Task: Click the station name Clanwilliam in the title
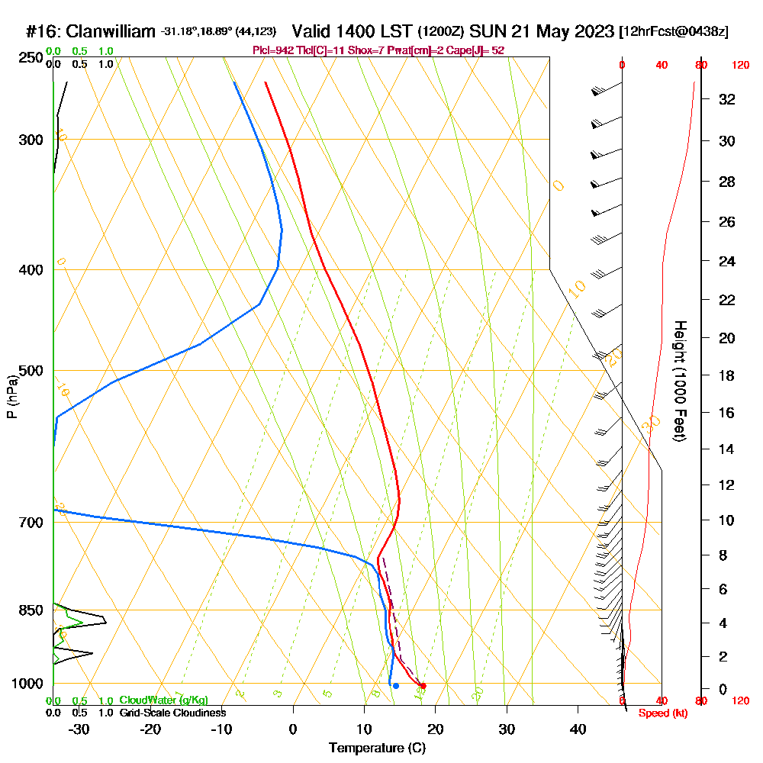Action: click(x=111, y=32)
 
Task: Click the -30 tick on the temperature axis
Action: click(x=79, y=729)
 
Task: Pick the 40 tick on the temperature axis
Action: click(x=578, y=729)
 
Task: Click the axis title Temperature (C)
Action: click(x=377, y=749)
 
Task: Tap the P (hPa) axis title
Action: click(x=11, y=397)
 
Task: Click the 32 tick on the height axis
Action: click(x=727, y=99)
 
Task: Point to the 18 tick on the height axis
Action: click(x=727, y=375)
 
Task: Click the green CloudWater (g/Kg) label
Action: click(x=163, y=700)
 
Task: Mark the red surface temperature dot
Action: click(x=423, y=686)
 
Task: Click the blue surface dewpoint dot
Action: click(x=395, y=686)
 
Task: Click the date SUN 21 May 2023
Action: click(x=542, y=32)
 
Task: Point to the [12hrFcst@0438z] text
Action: click(x=674, y=32)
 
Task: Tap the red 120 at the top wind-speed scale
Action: click(x=740, y=66)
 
